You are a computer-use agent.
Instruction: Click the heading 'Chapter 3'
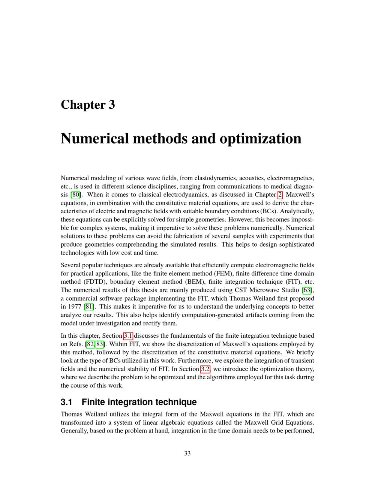point(88,105)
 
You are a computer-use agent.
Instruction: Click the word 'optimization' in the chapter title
point(260,139)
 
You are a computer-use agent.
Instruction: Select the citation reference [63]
point(307,290)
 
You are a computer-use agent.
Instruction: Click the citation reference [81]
point(89,307)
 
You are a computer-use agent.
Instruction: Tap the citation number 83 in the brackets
point(100,344)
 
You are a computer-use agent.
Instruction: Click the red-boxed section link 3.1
point(128,336)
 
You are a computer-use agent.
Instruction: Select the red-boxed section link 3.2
point(205,369)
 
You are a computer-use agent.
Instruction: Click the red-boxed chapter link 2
point(280,195)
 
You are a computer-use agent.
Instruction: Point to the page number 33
point(187,453)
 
